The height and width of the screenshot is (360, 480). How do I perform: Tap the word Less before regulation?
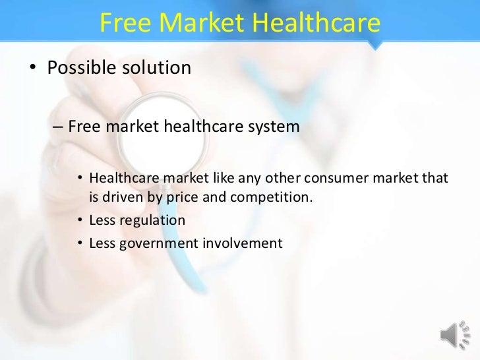tap(102, 220)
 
